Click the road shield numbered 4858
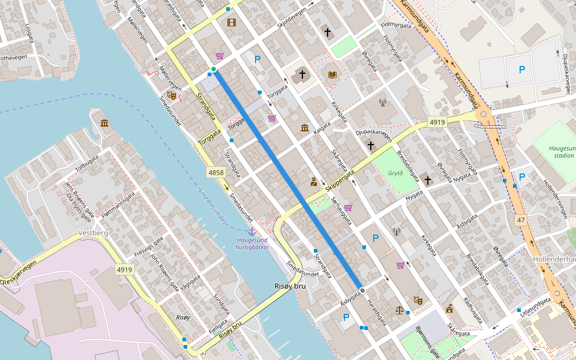(x=216, y=173)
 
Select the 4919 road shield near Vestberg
(x=125, y=270)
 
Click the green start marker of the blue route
(x=214, y=70)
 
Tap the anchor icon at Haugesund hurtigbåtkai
(x=252, y=231)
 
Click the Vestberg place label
(x=93, y=233)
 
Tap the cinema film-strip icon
(x=232, y=23)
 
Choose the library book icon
(x=332, y=75)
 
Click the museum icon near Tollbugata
(x=105, y=124)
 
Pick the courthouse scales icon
(x=400, y=310)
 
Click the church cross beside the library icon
(x=302, y=75)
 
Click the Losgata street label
(x=28, y=36)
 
